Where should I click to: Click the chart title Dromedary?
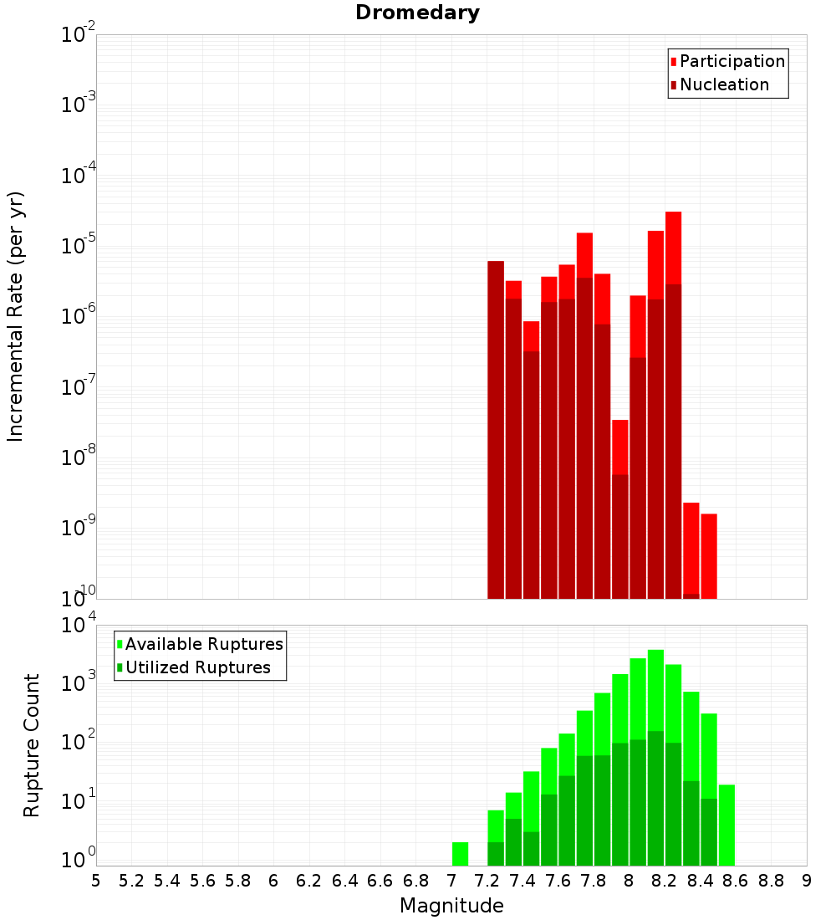tap(417, 13)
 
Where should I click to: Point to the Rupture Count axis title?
tap(32, 745)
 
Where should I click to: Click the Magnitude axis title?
tap(451, 906)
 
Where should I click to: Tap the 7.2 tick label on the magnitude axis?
tap(487, 881)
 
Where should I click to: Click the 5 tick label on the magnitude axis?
tap(96, 881)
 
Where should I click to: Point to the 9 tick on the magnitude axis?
tap(807, 881)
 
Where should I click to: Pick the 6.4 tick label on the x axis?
tap(344, 881)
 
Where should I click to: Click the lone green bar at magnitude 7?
tap(460, 854)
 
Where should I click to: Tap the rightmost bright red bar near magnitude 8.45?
tap(709, 556)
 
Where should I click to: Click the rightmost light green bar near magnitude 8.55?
tap(726, 825)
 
